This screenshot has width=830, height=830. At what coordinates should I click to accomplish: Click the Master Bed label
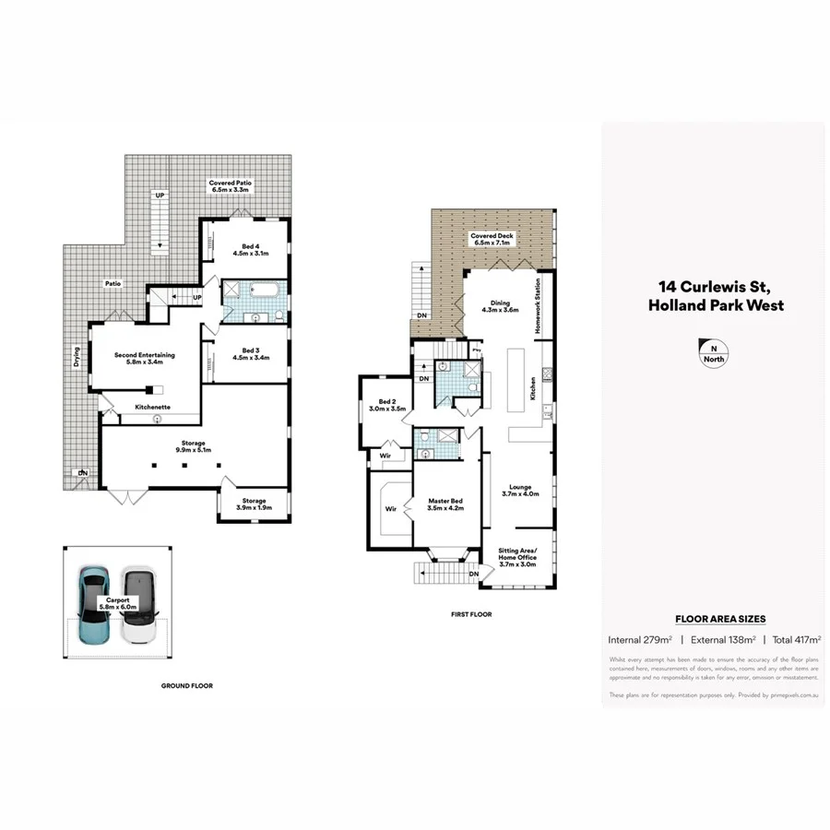[445, 504]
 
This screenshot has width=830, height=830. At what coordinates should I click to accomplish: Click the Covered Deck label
[492, 239]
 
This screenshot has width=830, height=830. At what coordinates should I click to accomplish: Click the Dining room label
[500, 304]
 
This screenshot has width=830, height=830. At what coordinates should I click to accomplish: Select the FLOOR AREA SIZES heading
[720, 619]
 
